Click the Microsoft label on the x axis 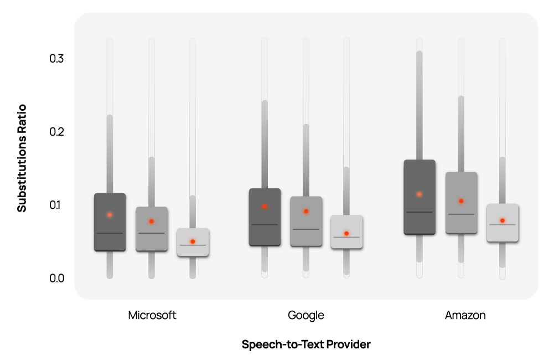click(152, 316)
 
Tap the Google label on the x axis click(306, 316)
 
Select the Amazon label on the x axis click(465, 316)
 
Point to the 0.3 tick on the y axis click(56, 59)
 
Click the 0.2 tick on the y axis click(56, 132)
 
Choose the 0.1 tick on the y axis click(56, 205)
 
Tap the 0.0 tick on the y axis click(56, 278)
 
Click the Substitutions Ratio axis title click(22, 158)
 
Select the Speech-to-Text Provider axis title click(306, 344)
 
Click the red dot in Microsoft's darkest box click(110, 214)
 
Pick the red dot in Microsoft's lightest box click(193, 241)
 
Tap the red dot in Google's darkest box click(265, 207)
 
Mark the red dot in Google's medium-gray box click(306, 212)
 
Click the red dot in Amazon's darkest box click(420, 194)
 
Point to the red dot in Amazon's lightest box click(503, 220)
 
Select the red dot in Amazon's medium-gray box click(461, 201)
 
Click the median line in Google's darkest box click(265, 224)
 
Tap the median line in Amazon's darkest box click(420, 212)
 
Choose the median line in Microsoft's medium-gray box click(151, 233)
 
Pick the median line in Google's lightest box click(346, 237)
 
